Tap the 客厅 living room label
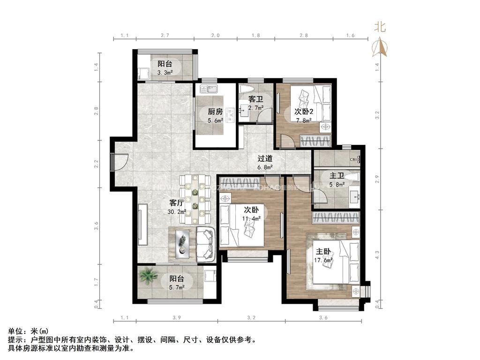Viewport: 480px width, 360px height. click(x=176, y=203)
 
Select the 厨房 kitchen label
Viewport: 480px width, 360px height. click(x=215, y=112)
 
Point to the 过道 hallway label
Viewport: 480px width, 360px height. click(x=265, y=158)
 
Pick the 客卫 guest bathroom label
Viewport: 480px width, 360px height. click(x=255, y=99)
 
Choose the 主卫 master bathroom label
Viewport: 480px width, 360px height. click(x=337, y=176)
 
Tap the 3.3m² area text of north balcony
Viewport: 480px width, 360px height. click(x=165, y=73)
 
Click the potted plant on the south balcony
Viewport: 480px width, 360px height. click(x=149, y=276)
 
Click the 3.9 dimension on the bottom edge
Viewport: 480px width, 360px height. click(x=176, y=318)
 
